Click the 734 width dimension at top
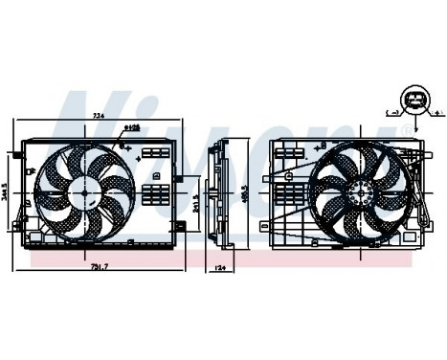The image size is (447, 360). pyautogui.click(x=98, y=117)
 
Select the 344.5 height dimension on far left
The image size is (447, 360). pyautogui.click(x=7, y=195)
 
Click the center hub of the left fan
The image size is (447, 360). pyautogui.click(x=85, y=191)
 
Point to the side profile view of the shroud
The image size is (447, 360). pyautogui.click(x=223, y=196)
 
